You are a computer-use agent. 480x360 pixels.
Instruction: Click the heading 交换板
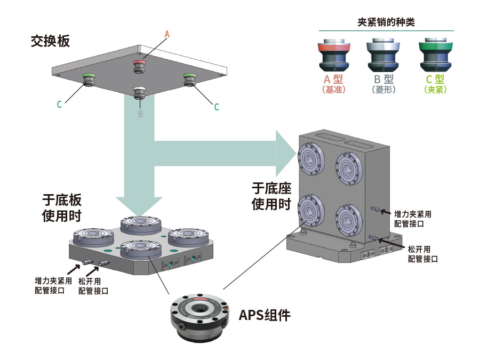click(50, 41)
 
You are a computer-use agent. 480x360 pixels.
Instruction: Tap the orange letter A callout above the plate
click(166, 34)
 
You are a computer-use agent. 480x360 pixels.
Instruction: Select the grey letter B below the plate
click(140, 114)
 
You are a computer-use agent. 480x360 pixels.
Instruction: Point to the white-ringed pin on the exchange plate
click(139, 91)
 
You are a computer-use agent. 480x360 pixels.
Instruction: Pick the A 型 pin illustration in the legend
click(334, 55)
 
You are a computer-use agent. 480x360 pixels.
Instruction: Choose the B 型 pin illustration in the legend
click(383, 55)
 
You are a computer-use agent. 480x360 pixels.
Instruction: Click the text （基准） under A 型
click(334, 90)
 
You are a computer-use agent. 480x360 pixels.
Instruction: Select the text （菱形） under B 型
click(383, 90)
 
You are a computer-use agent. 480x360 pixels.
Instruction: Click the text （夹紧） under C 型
click(435, 90)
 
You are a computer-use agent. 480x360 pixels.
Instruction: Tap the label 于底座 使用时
click(271, 196)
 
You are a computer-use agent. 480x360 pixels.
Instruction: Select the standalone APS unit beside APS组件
click(198, 316)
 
